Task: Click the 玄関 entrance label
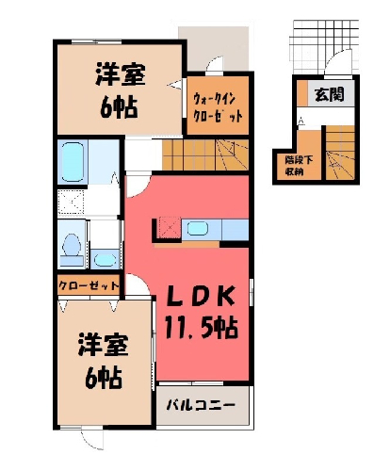pyautogui.click(x=330, y=93)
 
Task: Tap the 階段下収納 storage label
pyautogui.click(x=299, y=166)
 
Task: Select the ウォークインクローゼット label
pyautogui.click(x=218, y=107)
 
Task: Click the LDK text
pyautogui.click(x=199, y=297)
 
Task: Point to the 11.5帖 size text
pyautogui.click(x=201, y=328)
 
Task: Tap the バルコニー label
pyautogui.click(x=201, y=404)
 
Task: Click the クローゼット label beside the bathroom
pyautogui.click(x=89, y=285)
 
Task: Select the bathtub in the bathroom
pyautogui.click(x=73, y=161)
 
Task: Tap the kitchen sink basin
pyautogui.click(x=198, y=228)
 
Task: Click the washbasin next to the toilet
pyautogui.click(x=105, y=259)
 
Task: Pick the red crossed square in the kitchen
pyautogui.click(x=169, y=228)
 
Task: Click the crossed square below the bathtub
pyautogui.click(x=72, y=202)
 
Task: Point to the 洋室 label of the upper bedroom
pyautogui.click(x=121, y=74)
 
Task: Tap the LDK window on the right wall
pyautogui.click(x=251, y=291)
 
